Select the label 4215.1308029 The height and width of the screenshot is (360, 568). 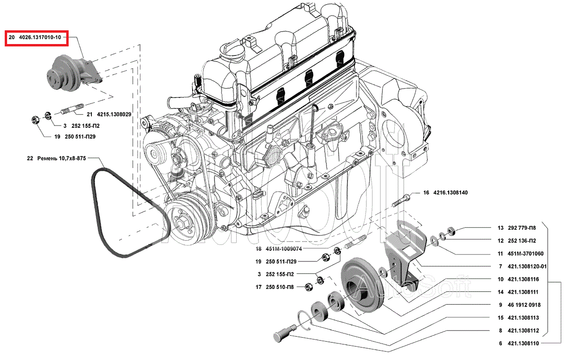coord(114,114)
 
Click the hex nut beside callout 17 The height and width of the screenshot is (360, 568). coord(308,287)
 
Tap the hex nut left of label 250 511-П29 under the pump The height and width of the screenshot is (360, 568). coord(35,119)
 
